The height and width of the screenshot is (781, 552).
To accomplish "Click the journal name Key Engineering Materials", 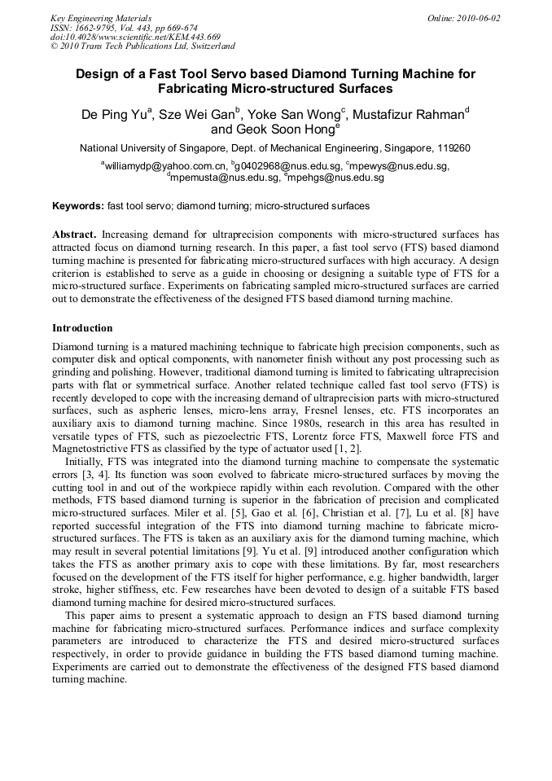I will [x=101, y=18].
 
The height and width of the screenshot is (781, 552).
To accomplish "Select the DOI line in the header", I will [x=135, y=37].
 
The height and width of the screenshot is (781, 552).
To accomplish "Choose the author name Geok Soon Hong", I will [x=277, y=129].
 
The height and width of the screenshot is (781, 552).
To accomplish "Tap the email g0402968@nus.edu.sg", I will [x=283, y=166].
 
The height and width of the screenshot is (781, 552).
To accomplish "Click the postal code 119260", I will [x=453, y=148].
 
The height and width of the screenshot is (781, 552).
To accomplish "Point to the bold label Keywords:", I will [x=77, y=206].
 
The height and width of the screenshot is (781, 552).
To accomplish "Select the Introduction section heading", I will [x=82, y=328].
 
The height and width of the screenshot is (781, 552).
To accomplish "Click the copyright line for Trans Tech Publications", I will [x=142, y=46].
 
